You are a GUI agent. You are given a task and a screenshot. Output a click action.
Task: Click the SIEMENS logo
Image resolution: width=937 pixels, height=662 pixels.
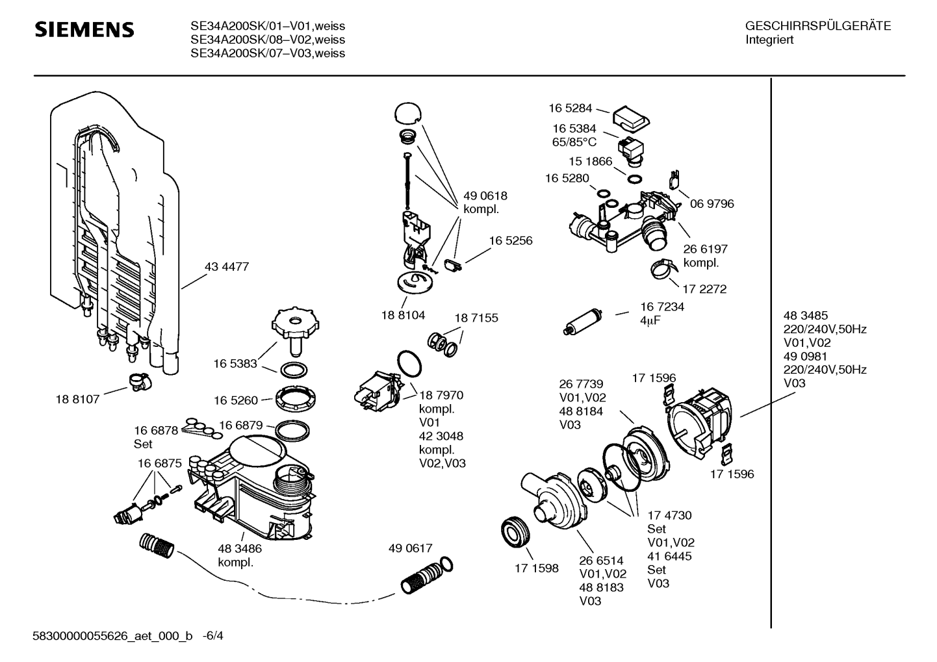[x=84, y=30]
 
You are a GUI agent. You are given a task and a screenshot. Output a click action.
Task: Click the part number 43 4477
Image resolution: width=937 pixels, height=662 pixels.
[x=227, y=267]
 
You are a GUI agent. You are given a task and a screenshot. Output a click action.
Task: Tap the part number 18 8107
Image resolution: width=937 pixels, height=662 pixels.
[x=77, y=400]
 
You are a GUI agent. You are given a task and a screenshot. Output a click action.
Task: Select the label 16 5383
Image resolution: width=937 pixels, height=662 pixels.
[x=235, y=364]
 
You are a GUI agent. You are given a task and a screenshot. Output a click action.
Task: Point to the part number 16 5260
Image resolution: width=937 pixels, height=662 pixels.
[x=235, y=401]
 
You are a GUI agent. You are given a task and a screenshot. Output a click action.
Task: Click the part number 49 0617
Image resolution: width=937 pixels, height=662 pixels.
[x=410, y=549]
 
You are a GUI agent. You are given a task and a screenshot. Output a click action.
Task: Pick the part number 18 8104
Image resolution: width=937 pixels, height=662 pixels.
[x=403, y=316]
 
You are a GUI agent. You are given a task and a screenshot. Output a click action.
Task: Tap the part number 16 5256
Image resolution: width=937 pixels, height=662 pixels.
[x=511, y=241]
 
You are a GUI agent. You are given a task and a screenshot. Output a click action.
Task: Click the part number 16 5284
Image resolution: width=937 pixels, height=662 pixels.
[x=570, y=108]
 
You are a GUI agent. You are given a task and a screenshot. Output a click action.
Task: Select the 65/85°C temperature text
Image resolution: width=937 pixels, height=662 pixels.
[x=574, y=142]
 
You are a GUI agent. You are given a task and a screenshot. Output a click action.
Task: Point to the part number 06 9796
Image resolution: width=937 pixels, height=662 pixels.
[x=712, y=204]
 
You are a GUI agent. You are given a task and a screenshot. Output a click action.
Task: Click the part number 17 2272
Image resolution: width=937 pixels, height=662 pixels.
[x=704, y=289]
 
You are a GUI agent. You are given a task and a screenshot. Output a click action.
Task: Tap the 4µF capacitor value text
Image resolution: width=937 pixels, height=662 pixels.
[x=650, y=320]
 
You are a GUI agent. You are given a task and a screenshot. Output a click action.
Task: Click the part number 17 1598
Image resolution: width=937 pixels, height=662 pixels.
[x=537, y=568]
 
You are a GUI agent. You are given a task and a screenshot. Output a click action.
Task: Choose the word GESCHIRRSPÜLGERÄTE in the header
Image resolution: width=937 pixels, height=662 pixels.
[x=818, y=27]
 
